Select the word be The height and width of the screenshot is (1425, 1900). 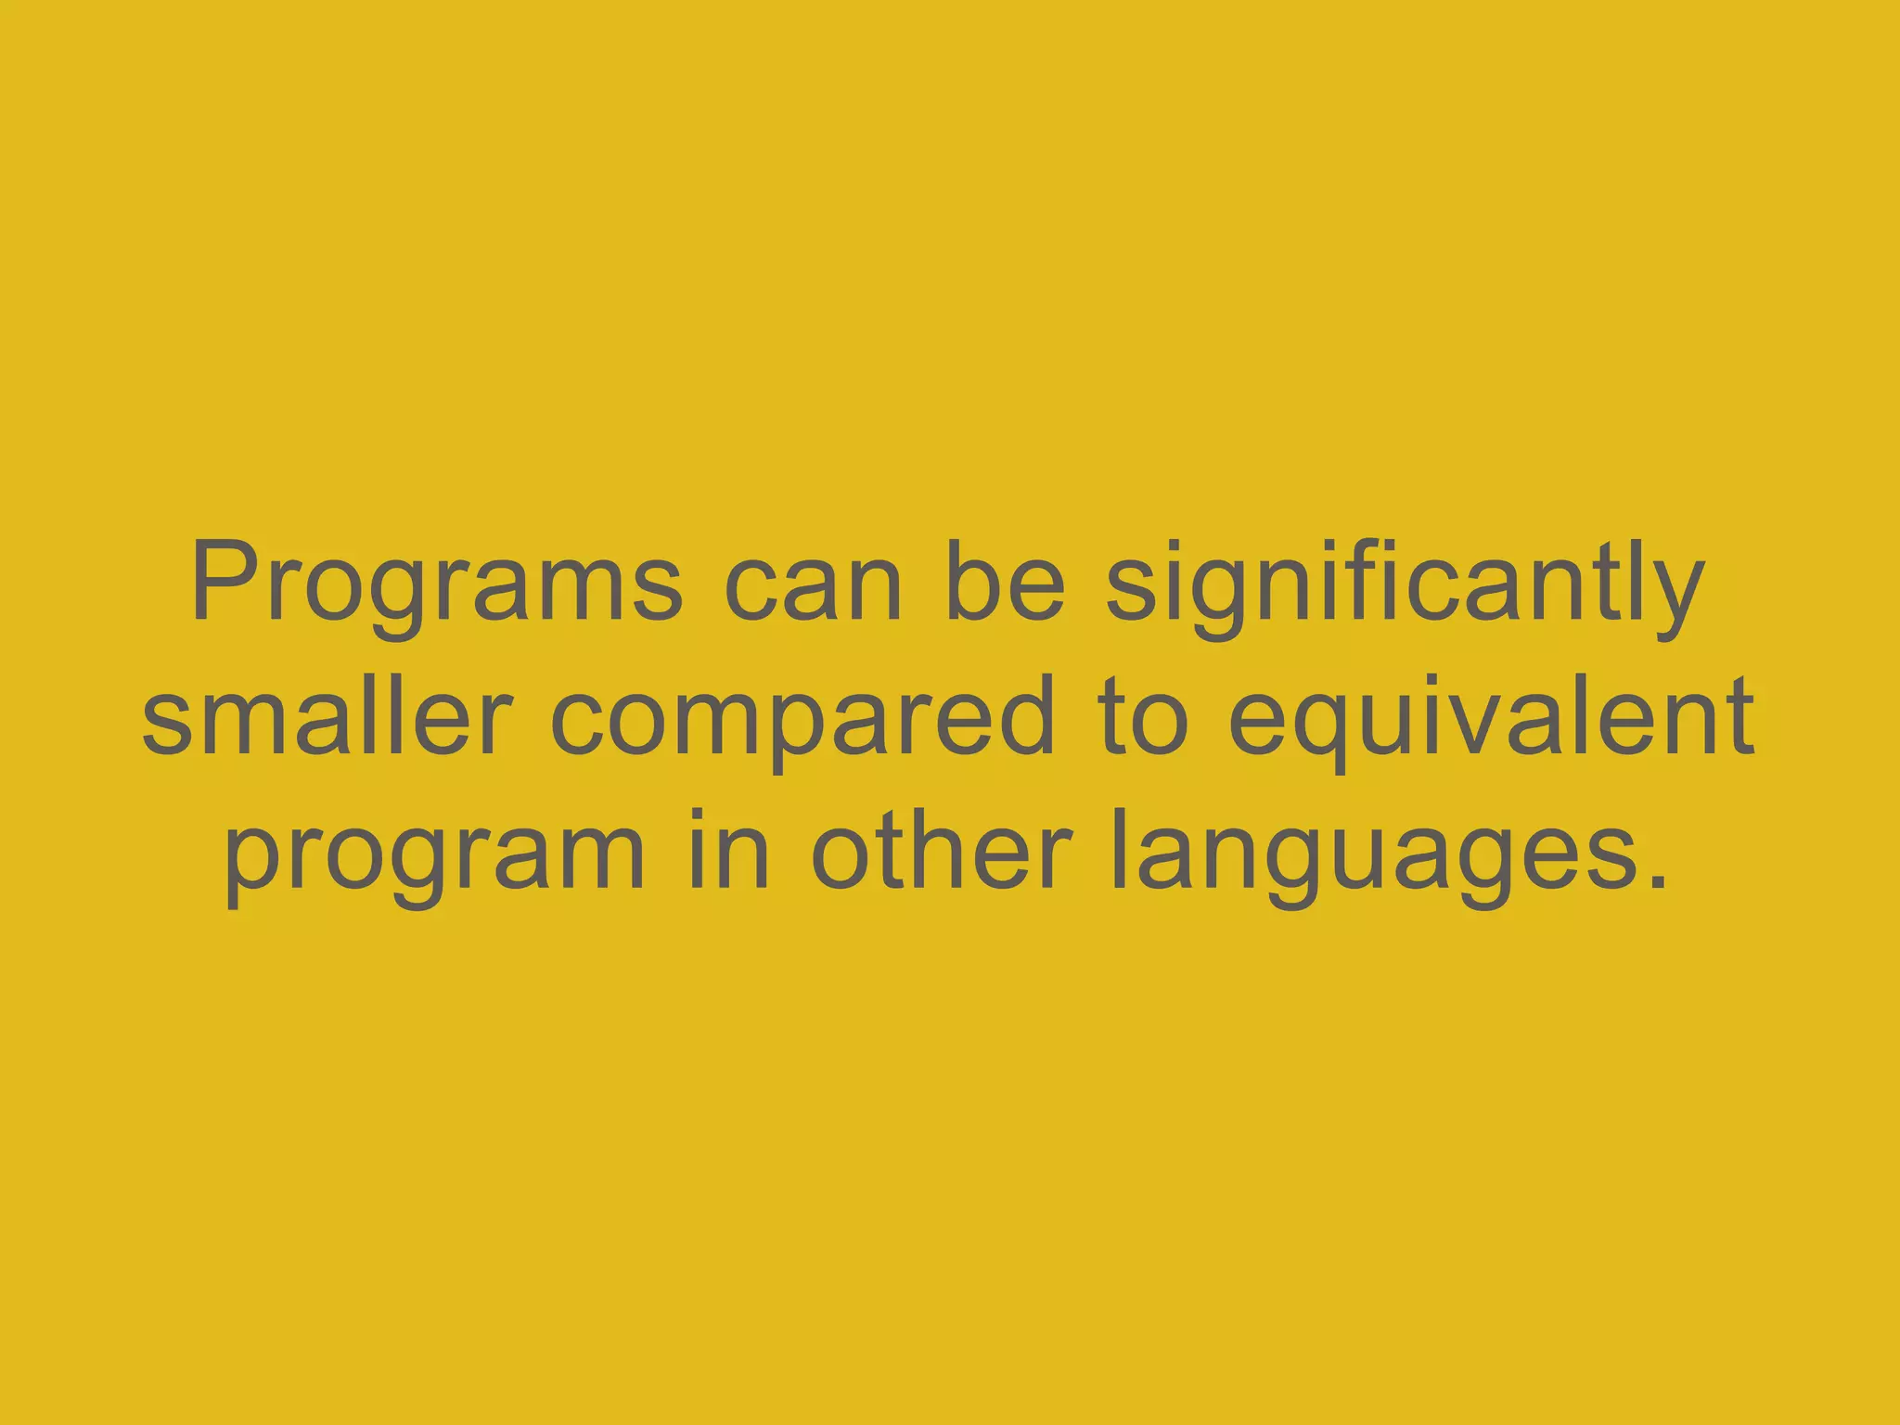[1005, 584]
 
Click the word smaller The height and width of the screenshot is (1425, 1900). [327, 716]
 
